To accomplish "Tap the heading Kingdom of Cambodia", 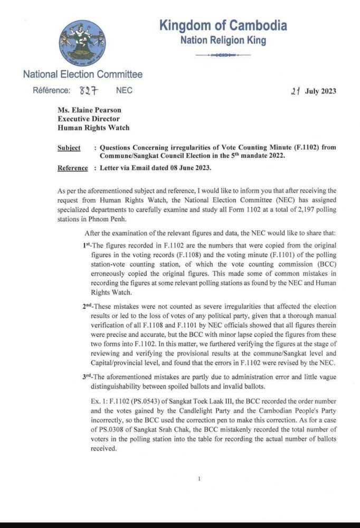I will click(223, 25).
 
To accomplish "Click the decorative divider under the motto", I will click(223, 55).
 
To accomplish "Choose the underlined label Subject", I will click(69, 147).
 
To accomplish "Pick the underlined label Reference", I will click(72, 168).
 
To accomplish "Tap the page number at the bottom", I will click(199, 478).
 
